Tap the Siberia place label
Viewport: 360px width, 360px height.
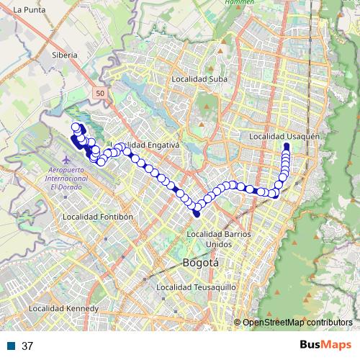[63, 54]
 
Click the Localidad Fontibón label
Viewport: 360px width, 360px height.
[99, 216]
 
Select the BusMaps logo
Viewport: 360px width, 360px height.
[325, 346]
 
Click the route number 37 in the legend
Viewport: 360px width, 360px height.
[28, 346]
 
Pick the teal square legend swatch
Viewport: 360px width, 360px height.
[11, 346]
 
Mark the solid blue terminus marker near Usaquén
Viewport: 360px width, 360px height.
[287, 147]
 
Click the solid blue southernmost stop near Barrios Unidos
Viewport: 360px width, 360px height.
[197, 212]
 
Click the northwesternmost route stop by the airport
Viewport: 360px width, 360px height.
[75, 127]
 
